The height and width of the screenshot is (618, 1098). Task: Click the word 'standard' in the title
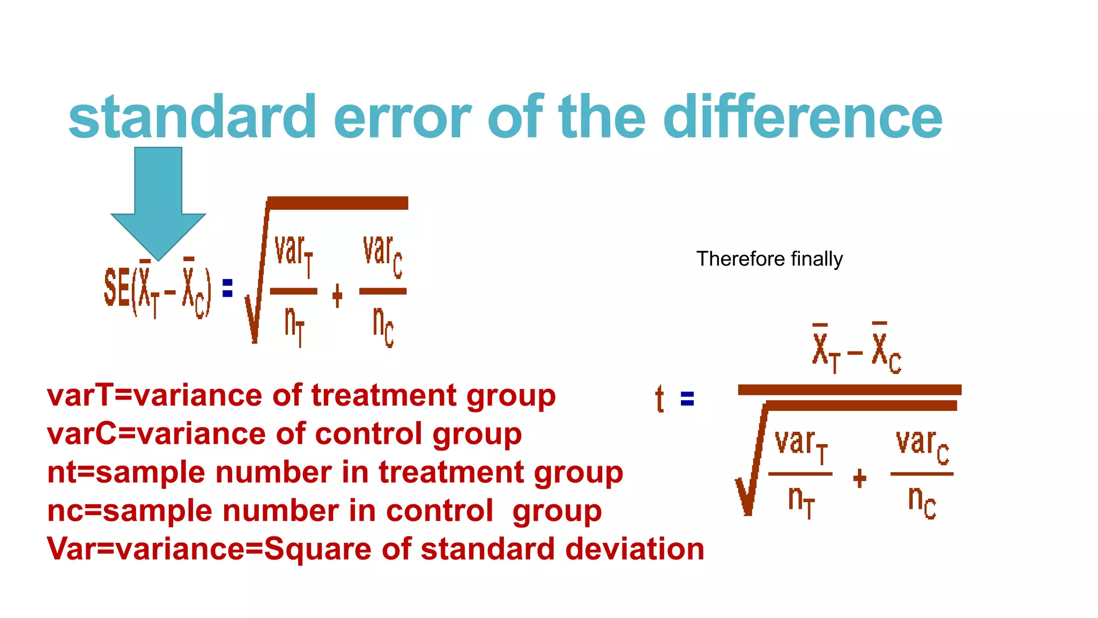[x=192, y=116]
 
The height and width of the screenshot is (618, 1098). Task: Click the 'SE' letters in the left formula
[x=117, y=288]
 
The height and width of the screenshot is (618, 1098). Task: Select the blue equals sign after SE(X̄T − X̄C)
[x=227, y=288]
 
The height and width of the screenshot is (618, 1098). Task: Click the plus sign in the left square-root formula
[x=337, y=296]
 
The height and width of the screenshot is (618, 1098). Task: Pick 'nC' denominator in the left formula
[x=383, y=326]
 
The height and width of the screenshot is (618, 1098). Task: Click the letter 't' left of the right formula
[x=659, y=399]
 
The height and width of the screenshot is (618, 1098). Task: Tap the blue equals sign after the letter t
[x=687, y=399]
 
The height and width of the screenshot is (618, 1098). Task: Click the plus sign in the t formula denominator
[x=859, y=478]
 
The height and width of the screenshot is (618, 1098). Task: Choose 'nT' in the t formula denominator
[x=801, y=501]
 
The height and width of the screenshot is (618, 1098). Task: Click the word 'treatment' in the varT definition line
[x=384, y=396]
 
